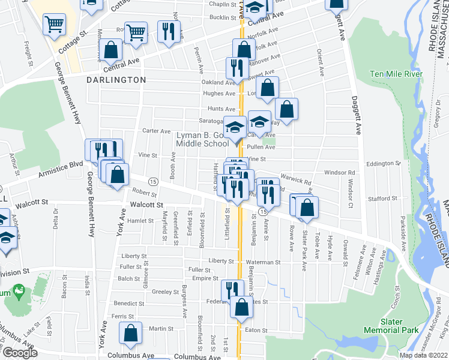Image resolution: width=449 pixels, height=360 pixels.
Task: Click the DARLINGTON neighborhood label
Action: pos(116,79)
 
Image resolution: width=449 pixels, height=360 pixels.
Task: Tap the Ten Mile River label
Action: pos(396,74)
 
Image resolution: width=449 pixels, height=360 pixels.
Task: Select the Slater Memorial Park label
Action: pos(391,330)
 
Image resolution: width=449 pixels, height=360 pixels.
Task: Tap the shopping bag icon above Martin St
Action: pos(130,334)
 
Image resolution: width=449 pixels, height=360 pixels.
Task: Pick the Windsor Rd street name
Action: pos(340,172)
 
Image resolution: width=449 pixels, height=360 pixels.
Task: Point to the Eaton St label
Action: pos(256,329)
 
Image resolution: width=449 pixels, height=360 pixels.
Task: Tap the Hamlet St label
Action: pos(140,221)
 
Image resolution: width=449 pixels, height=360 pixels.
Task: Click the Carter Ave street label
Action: pos(157,130)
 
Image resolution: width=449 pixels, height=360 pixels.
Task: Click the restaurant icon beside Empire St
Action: pos(231,290)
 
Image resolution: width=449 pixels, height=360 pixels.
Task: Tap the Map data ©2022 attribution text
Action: pos(424,355)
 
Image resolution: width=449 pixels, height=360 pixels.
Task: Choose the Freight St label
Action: pos(28,54)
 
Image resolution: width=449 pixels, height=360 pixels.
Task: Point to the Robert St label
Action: pos(145,194)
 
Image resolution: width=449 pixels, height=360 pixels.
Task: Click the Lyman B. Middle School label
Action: pos(203,139)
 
